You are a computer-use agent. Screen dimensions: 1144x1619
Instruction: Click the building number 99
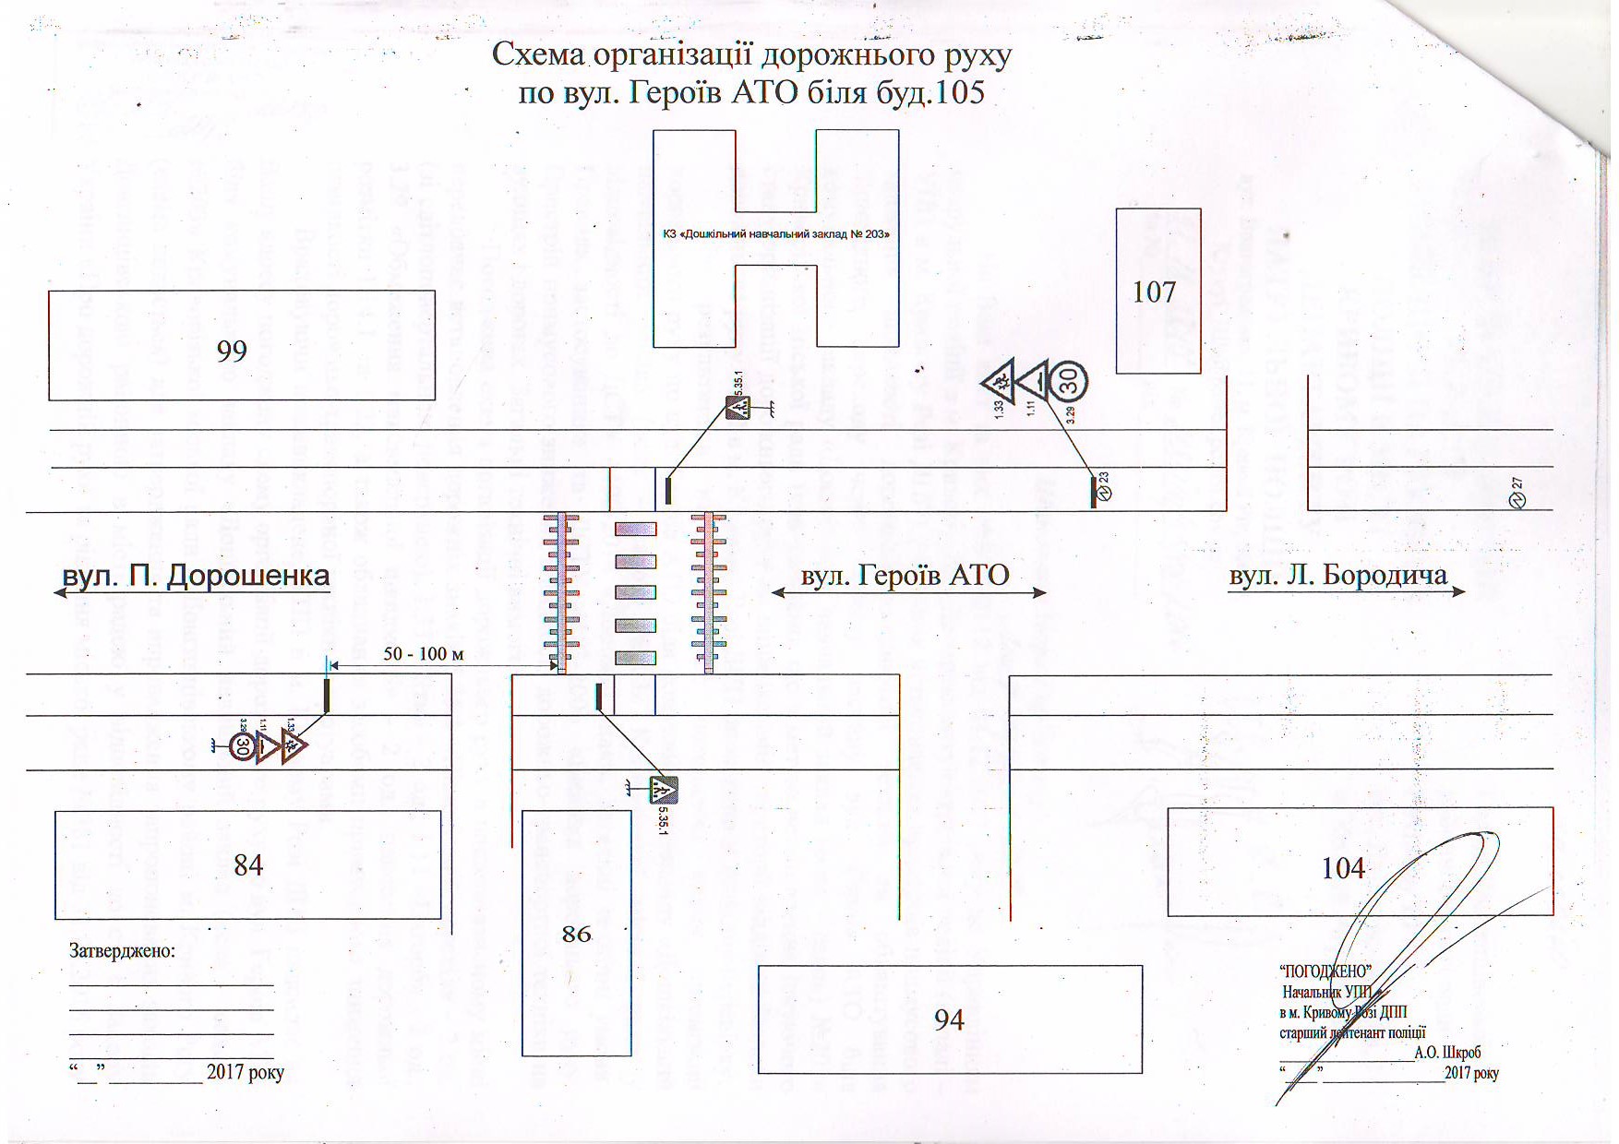(232, 351)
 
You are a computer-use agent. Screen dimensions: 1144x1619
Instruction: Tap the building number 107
(1154, 292)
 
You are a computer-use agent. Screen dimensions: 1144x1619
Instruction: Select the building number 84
(248, 865)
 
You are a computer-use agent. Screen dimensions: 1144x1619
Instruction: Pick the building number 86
(576, 934)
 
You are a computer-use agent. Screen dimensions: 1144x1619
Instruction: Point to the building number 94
(949, 1019)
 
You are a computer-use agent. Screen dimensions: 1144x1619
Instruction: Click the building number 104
(1343, 868)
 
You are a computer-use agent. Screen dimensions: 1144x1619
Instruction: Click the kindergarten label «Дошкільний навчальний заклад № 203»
(776, 234)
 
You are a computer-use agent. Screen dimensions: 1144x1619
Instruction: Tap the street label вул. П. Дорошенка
(196, 576)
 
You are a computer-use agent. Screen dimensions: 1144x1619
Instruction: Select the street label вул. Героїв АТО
(905, 576)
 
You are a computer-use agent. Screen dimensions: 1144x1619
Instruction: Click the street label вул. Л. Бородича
(1337, 576)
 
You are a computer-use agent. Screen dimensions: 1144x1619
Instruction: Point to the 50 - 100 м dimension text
(424, 654)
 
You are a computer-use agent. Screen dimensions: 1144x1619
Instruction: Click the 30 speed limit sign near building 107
(1069, 380)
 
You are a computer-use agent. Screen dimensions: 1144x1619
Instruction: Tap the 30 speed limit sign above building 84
(242, 745)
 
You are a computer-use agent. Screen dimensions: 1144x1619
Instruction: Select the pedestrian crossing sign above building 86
(663, 790)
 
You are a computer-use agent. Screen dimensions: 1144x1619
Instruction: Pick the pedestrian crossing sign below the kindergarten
(738, 406)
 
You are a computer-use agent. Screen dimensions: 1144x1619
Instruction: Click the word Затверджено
(122, 950)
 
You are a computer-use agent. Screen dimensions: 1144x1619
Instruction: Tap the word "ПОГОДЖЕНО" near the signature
(1325, 971)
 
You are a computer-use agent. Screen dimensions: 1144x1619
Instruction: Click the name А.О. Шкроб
(1447, 1052)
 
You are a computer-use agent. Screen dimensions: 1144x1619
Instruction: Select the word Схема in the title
(538, 55)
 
